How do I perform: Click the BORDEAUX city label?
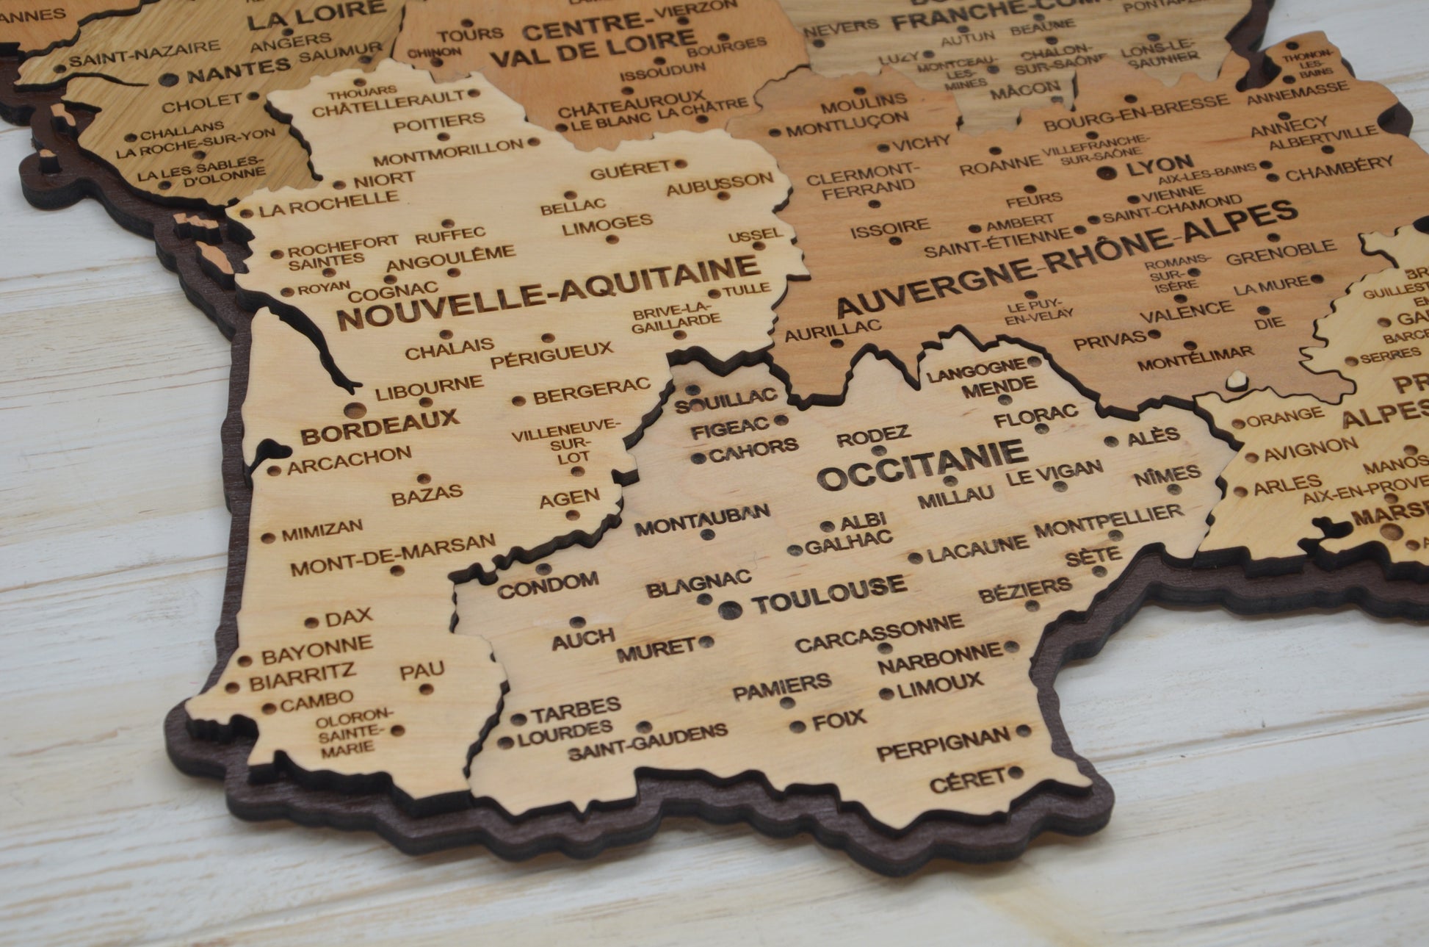click(379, 426)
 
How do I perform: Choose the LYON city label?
click(1160, 165)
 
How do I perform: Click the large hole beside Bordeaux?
click(353, 409)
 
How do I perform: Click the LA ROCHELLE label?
click(329, 204)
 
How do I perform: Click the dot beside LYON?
click(1106, 173)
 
